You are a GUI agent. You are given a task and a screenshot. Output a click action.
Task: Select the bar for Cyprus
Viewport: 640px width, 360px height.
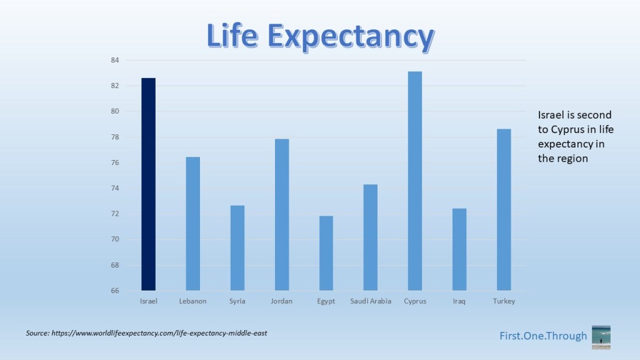pyautogui.click(x=414, y=181)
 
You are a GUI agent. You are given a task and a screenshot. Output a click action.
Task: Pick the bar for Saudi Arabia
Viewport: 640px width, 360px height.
pyautogui.click(x=370, y=237)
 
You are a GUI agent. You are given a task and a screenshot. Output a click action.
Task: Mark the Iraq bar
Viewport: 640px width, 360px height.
pyautogui.click(x=459, y=249)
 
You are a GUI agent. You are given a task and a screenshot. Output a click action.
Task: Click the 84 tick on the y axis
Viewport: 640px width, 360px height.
pyautogui.click(x=114, y=60)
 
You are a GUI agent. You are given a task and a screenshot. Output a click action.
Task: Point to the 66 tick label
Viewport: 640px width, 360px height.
pyautogui.click(x=114, y=291)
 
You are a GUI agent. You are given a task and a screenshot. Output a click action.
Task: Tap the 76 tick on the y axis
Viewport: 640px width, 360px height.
pyautogui.click(x=114, y=162)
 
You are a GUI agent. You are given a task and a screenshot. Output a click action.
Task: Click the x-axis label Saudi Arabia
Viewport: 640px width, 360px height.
pyautogui.click(x=371, y=301)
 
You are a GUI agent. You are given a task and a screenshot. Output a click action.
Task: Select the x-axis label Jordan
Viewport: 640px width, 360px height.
pyautogui.click(x=282, y=301)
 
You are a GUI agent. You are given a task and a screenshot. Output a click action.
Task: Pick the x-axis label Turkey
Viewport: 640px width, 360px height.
pyautogui.click(x=503, y=301)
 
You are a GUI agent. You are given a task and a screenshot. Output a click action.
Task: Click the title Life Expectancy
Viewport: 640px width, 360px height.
pyautogui.click(x=319, y=37)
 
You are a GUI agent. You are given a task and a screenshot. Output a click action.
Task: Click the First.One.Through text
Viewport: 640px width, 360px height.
pyautogui.click(x=543, y=336)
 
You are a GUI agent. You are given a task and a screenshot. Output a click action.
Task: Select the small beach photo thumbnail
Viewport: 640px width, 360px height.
pyautogui.click(x=601, y=336)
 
